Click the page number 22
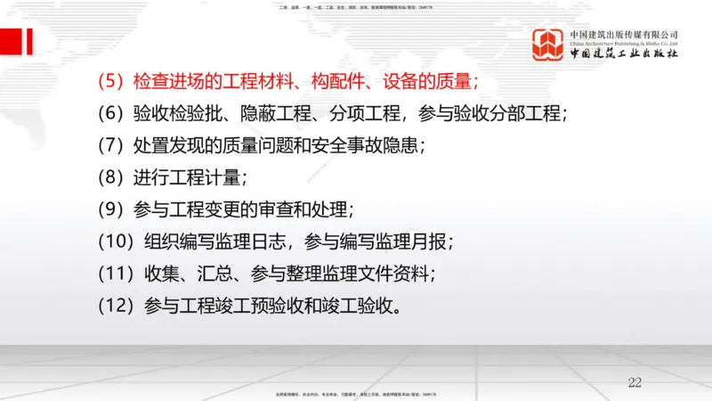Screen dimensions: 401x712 coord(635,382)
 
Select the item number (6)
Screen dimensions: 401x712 coord(112,114)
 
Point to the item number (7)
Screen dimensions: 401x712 coord(112,146)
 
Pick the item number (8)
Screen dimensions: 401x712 coord(112,177)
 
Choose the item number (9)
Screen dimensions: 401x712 coord(112,209)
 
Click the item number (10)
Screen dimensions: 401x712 coord(117,241)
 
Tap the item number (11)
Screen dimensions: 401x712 coord(117,273)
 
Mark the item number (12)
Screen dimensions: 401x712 coord(117,305)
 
